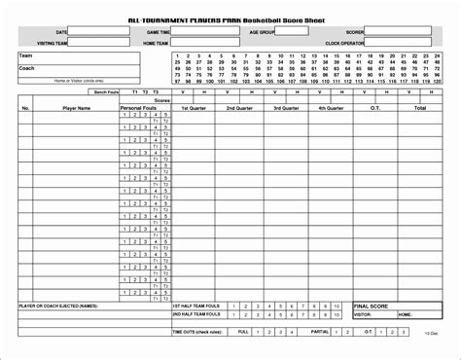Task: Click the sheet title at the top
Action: [x=230, y=18]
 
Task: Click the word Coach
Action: [x=26, y=68]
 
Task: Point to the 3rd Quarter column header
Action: [x=288, y=108]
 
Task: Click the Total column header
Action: [x=420, y=108]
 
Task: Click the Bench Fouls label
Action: [x=105, y=92]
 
